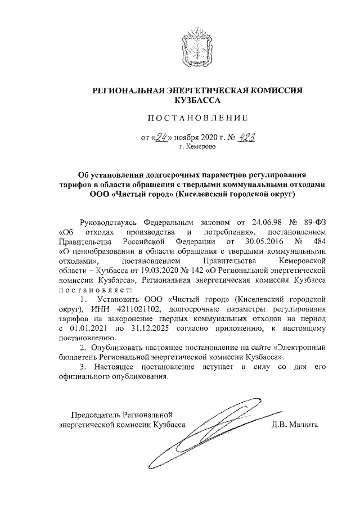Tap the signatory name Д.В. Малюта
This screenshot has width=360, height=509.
pos(295,425)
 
